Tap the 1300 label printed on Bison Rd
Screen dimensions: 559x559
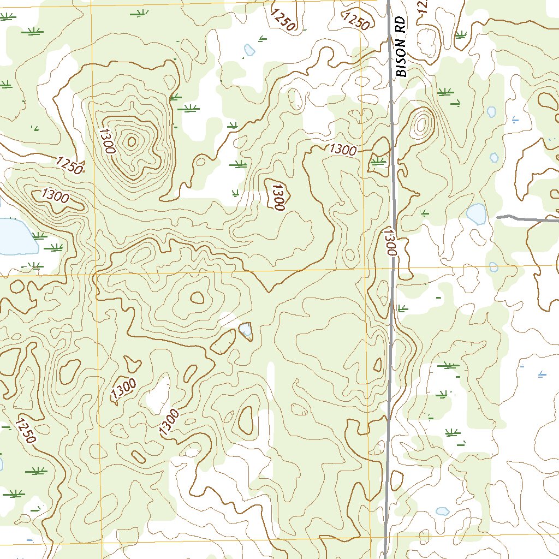(389, 242)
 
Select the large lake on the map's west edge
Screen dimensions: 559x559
(15, 236)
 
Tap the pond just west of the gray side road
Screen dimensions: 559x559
(477, 214)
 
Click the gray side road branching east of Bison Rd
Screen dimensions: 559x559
(527, 219)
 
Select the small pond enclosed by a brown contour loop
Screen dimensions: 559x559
(246, 329)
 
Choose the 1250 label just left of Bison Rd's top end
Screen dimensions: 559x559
(356, 21)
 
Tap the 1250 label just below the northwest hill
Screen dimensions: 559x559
(69, 165)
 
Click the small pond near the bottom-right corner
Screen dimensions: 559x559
(442, 512)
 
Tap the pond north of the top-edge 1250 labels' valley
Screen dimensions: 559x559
(249, 50)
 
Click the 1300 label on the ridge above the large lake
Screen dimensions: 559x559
(55, 195)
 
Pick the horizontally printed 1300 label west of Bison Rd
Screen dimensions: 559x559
(343, 150)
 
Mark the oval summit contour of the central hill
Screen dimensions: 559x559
(197, 298)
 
